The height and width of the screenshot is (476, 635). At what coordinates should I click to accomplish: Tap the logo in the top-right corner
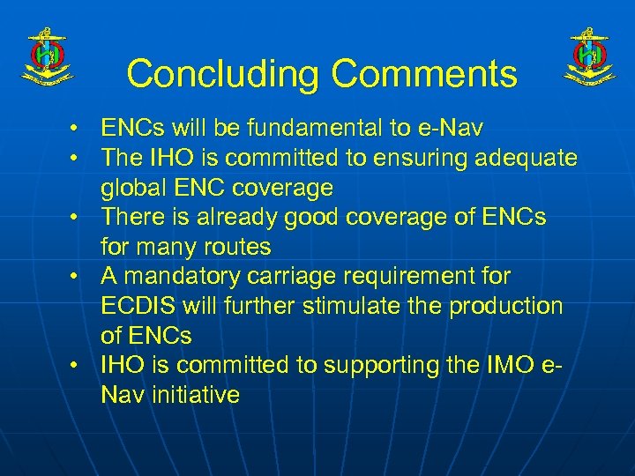pos(589,57)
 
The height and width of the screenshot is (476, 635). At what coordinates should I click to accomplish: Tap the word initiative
pos(194,394)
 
